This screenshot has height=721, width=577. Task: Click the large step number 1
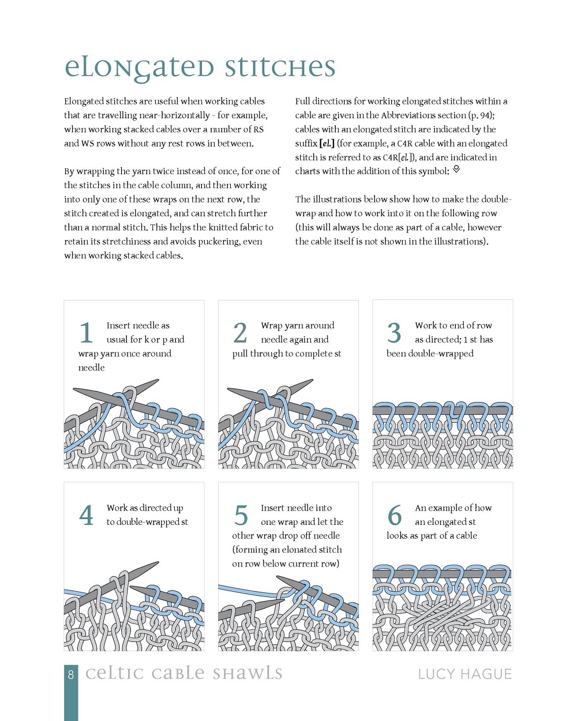86,333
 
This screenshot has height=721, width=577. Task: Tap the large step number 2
240,333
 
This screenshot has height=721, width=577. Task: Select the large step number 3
394,333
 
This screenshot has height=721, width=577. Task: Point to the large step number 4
86,515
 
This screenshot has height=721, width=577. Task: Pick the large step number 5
241,515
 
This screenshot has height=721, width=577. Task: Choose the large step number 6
395,515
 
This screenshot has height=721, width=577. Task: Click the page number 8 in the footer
71,674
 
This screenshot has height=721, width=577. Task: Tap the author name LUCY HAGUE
464,674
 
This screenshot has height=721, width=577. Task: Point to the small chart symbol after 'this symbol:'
456,169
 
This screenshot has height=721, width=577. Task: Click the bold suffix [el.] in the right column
327,143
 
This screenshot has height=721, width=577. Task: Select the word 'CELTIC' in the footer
114,674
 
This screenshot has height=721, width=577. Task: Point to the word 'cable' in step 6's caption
466,536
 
